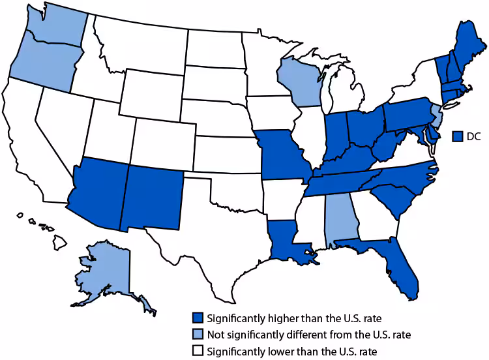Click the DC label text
(473, 136)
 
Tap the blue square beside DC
(458, 136)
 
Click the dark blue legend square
(197, 319)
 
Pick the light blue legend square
(197, 335)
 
